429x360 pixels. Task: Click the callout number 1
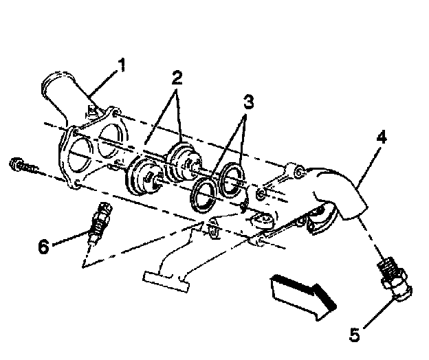121,65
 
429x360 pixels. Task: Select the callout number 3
248,102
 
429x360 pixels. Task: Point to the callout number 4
382,137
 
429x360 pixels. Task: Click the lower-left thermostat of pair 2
144,175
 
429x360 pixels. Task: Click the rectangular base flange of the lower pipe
166,281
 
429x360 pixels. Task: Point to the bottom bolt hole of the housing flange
78,183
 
